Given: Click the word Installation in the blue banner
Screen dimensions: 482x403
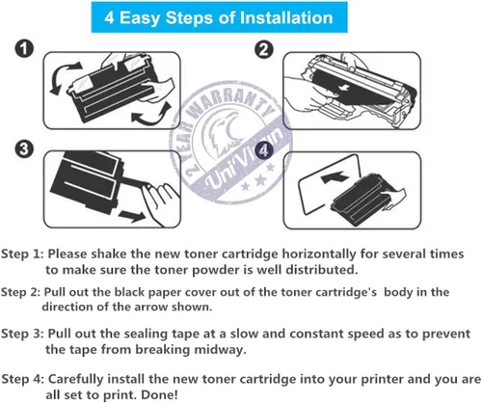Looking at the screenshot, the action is [286, 17].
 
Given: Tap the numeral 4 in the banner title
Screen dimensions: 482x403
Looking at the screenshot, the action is [109, 17].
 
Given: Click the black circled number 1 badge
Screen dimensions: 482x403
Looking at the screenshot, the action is [24, 49].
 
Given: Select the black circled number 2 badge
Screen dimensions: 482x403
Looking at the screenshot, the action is [264, 50].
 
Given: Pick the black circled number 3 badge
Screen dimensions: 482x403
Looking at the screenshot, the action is [24, 149].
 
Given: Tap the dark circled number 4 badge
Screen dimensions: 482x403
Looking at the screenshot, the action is [263, 150].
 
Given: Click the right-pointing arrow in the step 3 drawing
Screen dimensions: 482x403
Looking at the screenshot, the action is [132, 216].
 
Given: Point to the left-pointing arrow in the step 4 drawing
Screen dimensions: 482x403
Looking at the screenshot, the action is [335, 176].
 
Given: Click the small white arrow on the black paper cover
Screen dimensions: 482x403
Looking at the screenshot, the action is [345, 86].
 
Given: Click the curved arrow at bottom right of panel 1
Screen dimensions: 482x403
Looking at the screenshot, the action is [151, 115].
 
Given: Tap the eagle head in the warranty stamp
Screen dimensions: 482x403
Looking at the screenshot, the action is [221, 135].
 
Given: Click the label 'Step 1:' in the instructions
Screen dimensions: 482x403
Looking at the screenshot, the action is [22, 255].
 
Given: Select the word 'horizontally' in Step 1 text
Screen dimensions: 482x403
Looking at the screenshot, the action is [319, 254].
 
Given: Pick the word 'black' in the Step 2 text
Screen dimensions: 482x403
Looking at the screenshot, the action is [130, 292].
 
